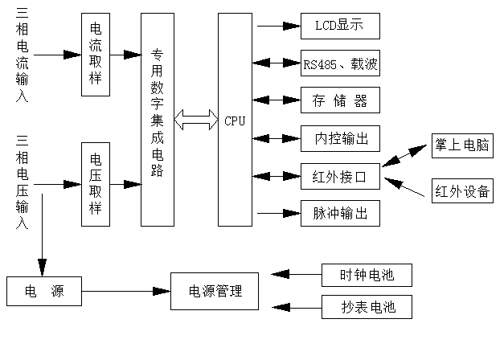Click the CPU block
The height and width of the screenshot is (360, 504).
click(235, 120)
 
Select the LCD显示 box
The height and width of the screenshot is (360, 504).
click(339, 26)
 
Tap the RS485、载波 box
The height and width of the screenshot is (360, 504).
click(339, 63)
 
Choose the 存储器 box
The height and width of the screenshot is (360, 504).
click(339, 100)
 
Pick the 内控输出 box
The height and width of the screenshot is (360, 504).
click(339, 138)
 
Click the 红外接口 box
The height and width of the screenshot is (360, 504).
click(339, 176)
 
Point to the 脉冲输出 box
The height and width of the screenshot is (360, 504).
click(339, 214)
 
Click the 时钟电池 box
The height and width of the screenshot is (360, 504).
click(367, 275)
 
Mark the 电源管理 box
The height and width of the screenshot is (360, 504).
click(215, 291)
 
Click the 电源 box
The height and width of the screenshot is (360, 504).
click(44, 291)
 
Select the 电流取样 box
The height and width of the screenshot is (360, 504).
click(96, 55)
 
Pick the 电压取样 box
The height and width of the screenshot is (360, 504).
click(96, 184)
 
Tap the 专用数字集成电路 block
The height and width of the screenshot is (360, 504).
click(158, 120)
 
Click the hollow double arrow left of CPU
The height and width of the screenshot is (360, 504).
click(196, 121)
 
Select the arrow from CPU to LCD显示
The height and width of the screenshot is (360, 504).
click(277, 26)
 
